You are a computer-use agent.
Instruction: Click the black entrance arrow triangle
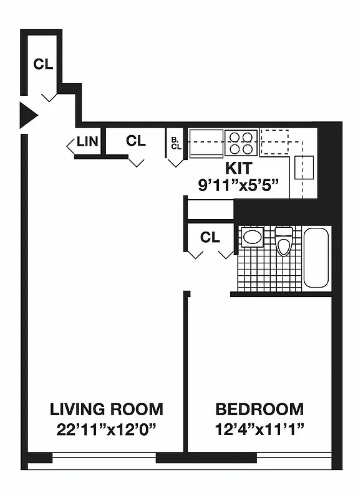[27, 116]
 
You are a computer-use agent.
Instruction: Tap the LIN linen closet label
[87, 141]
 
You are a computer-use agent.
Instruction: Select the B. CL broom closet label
[175, 143]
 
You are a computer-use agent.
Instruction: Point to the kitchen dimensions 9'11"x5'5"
[237, 185]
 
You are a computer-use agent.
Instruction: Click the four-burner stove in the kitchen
[241, 143]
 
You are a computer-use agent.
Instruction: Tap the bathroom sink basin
[253, 237]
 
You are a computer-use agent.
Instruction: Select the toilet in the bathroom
[284, 241]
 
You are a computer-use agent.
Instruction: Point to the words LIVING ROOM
[107, 410]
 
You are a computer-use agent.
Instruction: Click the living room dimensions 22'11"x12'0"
[107, 429]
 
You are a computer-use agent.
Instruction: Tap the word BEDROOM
[259, 410]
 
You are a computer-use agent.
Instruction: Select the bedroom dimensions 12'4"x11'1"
[259, 429]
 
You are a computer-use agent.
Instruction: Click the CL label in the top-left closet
[43, 64]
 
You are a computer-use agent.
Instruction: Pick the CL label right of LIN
[135, 141]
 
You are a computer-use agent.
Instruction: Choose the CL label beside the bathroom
[210, 237]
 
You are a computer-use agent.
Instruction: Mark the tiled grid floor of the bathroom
[268, 271]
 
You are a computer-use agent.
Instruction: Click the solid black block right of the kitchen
[330, 162]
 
